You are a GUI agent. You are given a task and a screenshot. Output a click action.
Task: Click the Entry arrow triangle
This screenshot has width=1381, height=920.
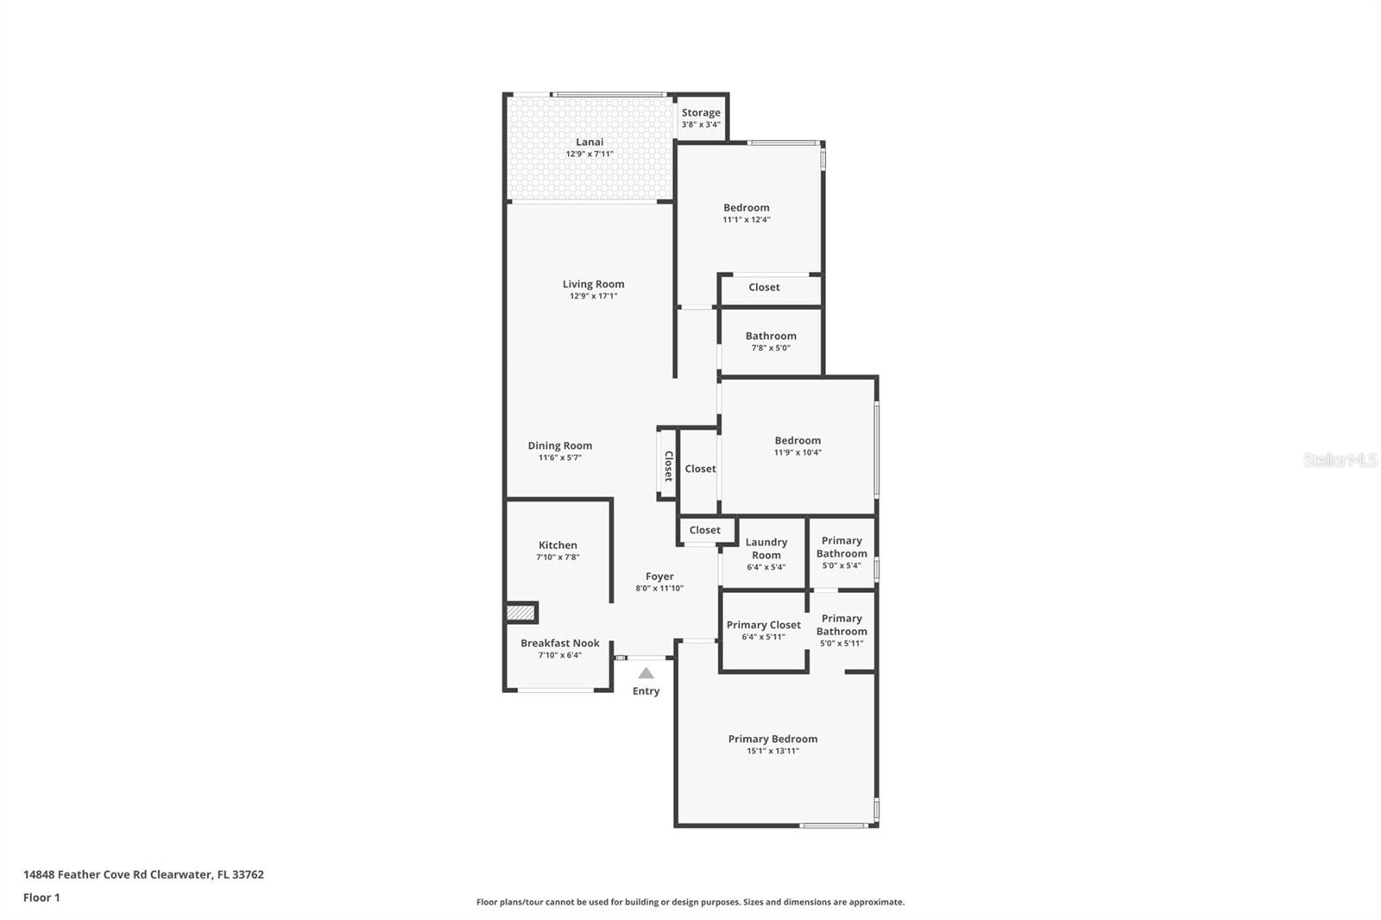pyautogui.click(x=646, y=673)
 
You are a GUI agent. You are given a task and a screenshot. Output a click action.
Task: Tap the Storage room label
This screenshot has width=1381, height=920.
pyautogui.click(x=700, y=112)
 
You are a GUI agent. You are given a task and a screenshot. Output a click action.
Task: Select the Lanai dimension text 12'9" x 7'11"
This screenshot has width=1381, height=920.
pyautogui.click(x=590, y=154)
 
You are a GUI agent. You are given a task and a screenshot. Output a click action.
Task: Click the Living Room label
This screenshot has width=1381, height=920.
pyautogui.click(x=593, y=284)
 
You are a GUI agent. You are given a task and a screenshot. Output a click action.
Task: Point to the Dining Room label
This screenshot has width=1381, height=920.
pyautogui.click(x=560, y=446)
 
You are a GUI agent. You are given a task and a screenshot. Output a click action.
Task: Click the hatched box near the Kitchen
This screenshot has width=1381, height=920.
pyautogui.click(x=520, y=613)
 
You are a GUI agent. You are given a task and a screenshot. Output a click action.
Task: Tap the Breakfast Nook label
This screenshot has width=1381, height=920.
pyautogui.click(x=559, y=643)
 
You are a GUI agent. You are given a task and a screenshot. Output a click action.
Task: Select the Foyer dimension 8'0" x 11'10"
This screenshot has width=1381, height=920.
pyautogui.click(x=659, y=589)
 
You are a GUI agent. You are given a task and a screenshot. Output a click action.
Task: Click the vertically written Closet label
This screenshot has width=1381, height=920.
pyautogui.click(x=668, y=466)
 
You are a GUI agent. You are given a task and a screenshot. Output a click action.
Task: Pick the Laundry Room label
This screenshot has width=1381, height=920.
pyautogui.click(x=766, y=548)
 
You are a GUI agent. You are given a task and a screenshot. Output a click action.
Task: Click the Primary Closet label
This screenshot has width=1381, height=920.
pyautogui.click(x=763, y=625)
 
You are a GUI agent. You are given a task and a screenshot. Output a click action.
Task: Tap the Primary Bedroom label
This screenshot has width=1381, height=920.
pyautogui.click(x=772, y=739)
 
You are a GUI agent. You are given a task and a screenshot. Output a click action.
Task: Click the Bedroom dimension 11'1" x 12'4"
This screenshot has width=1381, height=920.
pyautogui.click(x=747, y=220)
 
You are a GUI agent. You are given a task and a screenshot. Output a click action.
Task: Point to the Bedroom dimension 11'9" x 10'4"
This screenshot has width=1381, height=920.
pyautogui.click(x=798, y=452)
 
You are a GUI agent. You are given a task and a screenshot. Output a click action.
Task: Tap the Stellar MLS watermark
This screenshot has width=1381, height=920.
pyautogui.click(x=1340, y=460)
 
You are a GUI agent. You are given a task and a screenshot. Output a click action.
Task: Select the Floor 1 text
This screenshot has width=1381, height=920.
pyautogui.click(x=41, y=898)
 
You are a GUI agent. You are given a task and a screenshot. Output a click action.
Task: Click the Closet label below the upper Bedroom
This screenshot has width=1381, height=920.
pyautogui.click(x=764, y=287)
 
